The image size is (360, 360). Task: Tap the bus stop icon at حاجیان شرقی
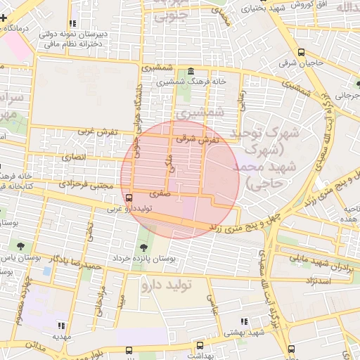point(302,52)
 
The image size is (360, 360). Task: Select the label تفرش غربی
point(95,131)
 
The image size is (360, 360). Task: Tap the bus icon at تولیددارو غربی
point(129,198)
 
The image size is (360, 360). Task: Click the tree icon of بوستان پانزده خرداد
point(144,247)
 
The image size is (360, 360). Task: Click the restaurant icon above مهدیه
point(61,326)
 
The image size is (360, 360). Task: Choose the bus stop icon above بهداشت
point(200,346)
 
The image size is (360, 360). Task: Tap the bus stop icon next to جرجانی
point(358,92)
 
